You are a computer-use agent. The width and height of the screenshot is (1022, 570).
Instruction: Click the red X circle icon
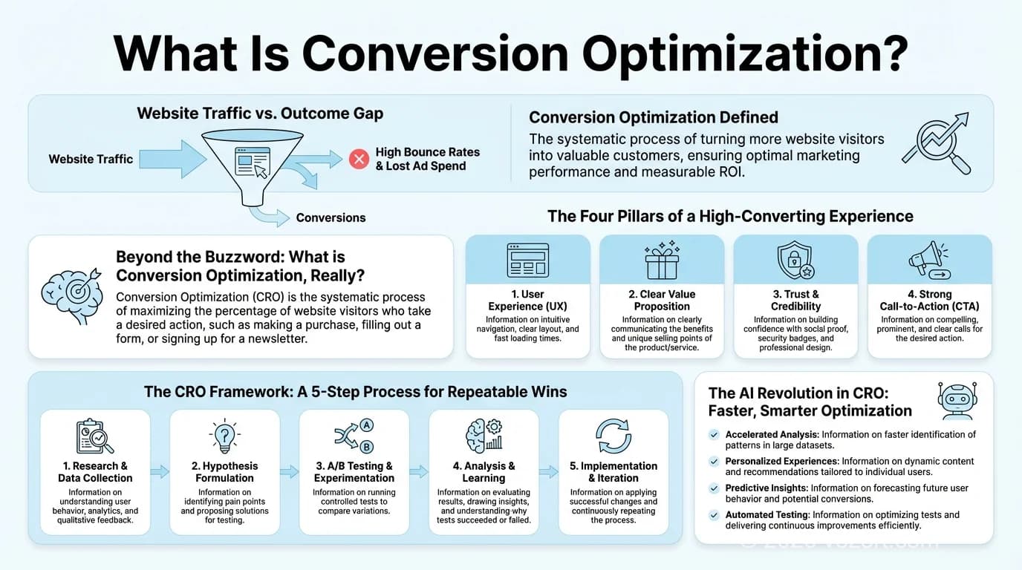pos(359,159)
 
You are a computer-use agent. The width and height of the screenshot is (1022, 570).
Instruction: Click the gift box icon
pos(662,261)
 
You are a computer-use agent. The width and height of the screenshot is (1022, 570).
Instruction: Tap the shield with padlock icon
pos(795,261)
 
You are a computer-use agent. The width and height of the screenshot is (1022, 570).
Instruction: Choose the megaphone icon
pos(928,261)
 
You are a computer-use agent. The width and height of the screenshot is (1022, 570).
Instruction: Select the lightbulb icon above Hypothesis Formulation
pos(224,435)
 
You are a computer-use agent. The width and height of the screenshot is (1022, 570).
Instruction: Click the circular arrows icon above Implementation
pos(613,436)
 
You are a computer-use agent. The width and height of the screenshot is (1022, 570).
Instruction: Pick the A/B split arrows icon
pos(354,435)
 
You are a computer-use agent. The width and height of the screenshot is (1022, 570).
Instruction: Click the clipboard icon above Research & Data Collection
pos(95,436)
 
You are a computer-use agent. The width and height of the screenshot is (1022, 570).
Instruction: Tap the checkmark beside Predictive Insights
pos(715,488)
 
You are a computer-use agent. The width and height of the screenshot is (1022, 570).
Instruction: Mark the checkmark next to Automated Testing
pos(715,514)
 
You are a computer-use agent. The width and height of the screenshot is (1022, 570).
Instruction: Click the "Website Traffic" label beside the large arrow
pos(91,159)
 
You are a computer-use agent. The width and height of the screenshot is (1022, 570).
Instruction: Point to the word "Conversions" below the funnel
pos(331,217)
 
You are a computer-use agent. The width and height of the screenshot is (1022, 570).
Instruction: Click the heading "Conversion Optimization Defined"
pos(654,117)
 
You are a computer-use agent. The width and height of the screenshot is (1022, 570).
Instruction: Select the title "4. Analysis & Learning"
pos(484,472)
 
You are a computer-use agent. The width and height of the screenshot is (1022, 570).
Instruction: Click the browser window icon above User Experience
pos(527,261)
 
